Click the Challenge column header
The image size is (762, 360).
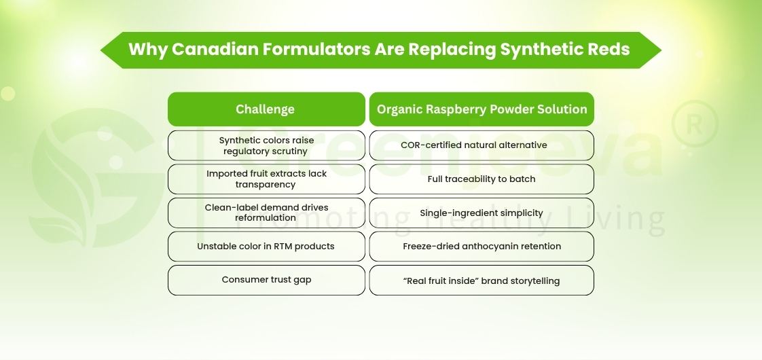266,109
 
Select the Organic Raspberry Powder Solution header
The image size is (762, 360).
482,109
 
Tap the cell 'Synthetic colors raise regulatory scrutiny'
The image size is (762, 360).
266,145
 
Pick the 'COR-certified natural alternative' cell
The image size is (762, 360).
482,145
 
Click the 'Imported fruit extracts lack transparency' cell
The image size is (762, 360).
266,179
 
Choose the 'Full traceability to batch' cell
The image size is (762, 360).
482,179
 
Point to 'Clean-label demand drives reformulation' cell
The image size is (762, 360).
266,213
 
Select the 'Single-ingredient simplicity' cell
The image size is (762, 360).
482,213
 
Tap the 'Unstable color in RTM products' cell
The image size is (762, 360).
266,246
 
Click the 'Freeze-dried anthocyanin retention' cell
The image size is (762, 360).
482,246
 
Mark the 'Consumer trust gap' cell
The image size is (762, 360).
266,280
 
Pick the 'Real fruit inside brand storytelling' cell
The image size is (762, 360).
482,280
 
